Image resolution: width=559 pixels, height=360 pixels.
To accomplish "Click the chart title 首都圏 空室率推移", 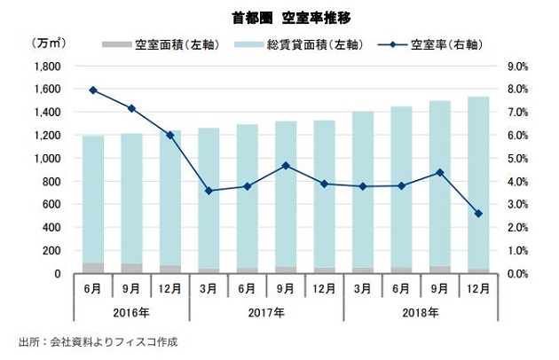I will pos(279,17).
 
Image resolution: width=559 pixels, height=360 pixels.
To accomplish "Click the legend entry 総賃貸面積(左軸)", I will pos(302,44).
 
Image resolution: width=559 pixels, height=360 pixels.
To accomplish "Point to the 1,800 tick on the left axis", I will pos(47,67).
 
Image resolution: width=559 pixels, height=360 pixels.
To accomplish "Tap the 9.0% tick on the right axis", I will pos(518,67).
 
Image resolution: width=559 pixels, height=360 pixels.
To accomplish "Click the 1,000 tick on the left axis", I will pos(47,159).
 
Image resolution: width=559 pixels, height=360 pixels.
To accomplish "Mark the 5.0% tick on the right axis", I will pos(518,159).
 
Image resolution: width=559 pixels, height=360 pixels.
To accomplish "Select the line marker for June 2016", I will pos(93,90).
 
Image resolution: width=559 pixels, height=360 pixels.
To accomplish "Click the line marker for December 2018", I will pos(478,214).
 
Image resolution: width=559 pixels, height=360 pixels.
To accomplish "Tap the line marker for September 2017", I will pos(286,166).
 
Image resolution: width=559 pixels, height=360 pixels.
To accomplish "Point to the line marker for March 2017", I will pos(209,191).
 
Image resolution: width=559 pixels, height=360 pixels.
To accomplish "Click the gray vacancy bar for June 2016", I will pos(93,268).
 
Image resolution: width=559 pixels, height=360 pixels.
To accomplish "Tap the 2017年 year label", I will pos(266,312).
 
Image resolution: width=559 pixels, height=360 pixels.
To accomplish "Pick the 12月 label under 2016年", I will pos(169,290).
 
